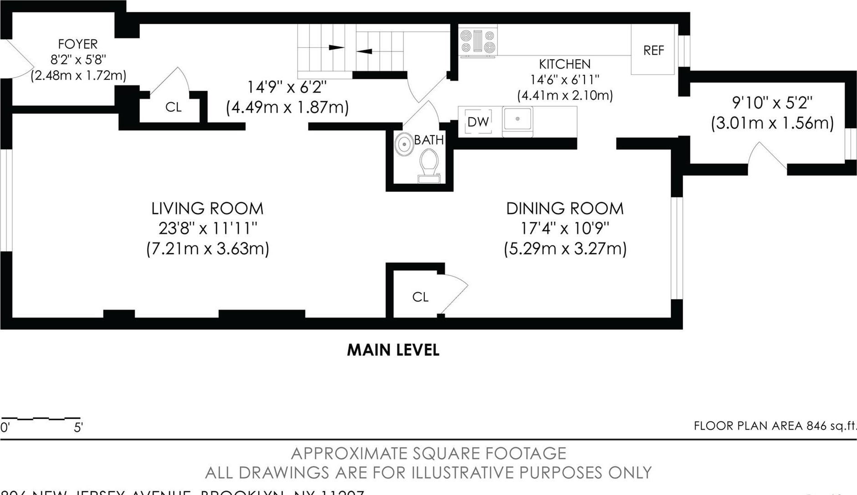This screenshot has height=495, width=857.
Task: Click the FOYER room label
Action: click(x=77, y=44)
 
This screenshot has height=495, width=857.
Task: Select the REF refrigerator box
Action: click(x=653, y=50)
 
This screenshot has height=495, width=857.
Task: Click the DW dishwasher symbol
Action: click(x=478, y=122)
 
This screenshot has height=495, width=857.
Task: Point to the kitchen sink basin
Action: click(x=517, y=120)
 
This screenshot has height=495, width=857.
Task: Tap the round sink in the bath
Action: click(x=403, y=145)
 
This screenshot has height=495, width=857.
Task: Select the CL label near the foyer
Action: click(x=173, y=107)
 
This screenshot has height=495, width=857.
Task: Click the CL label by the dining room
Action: click(x=420, y=297)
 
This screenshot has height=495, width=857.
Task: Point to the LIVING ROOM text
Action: click(x=207, y=208)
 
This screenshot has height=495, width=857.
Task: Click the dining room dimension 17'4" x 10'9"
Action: click(x=565, y=228)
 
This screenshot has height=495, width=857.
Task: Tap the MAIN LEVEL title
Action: click(x=393, y=350)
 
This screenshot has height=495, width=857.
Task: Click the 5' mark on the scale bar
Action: click(x=78, y=427)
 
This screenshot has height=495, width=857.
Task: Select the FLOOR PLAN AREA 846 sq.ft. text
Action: click(x=774, y=426)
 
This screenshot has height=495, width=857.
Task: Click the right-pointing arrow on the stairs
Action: click(x=336, y=47)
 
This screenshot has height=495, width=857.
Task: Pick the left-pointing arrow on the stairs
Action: click(x=364, y=51)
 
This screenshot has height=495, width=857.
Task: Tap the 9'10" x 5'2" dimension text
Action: click(x=772, y=103)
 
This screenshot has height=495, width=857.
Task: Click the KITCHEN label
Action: click(x=564, y=64)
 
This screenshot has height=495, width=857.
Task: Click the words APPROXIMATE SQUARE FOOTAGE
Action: click(x=428, y=453)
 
